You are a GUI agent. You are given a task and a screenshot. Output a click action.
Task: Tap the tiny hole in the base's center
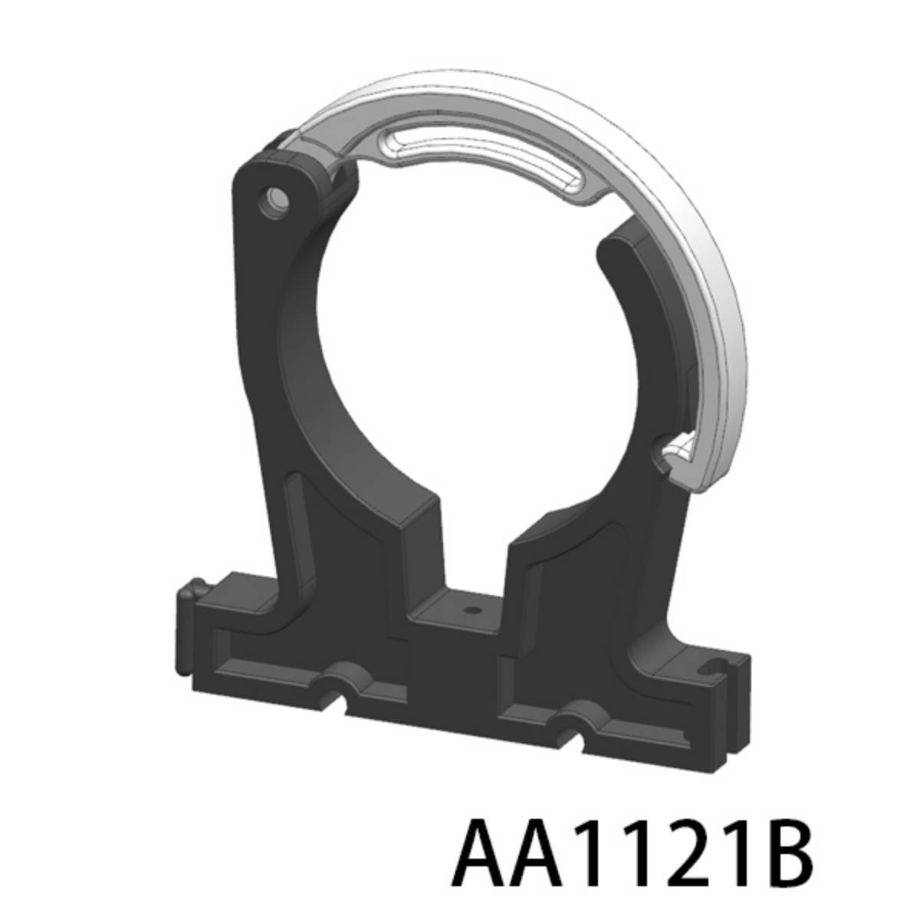(471, 612)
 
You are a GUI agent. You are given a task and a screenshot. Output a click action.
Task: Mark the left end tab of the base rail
(189, 598)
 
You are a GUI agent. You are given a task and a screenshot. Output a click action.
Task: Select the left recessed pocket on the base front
(264, 659)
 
